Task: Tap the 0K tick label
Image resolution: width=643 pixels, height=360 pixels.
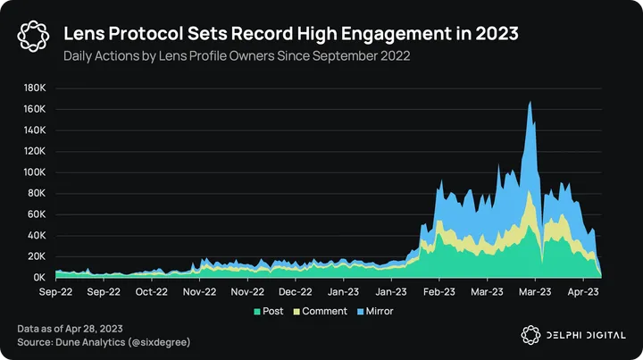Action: coord(39,278)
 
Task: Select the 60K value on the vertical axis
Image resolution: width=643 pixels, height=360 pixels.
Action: coord(36,214)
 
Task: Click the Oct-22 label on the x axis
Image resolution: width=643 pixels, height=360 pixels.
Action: coord(151,291)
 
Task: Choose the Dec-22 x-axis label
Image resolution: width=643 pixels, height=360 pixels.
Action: coord(295,291)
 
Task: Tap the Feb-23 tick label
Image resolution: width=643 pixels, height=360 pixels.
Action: coord(438,291)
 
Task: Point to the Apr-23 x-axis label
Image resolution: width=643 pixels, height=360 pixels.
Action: coord(582,291)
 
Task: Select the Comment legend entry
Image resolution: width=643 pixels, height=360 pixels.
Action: coord(319,311)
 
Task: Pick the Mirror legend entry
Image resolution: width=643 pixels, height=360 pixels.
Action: coord(374,311)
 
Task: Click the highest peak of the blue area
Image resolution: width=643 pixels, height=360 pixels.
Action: coord(530,102)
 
